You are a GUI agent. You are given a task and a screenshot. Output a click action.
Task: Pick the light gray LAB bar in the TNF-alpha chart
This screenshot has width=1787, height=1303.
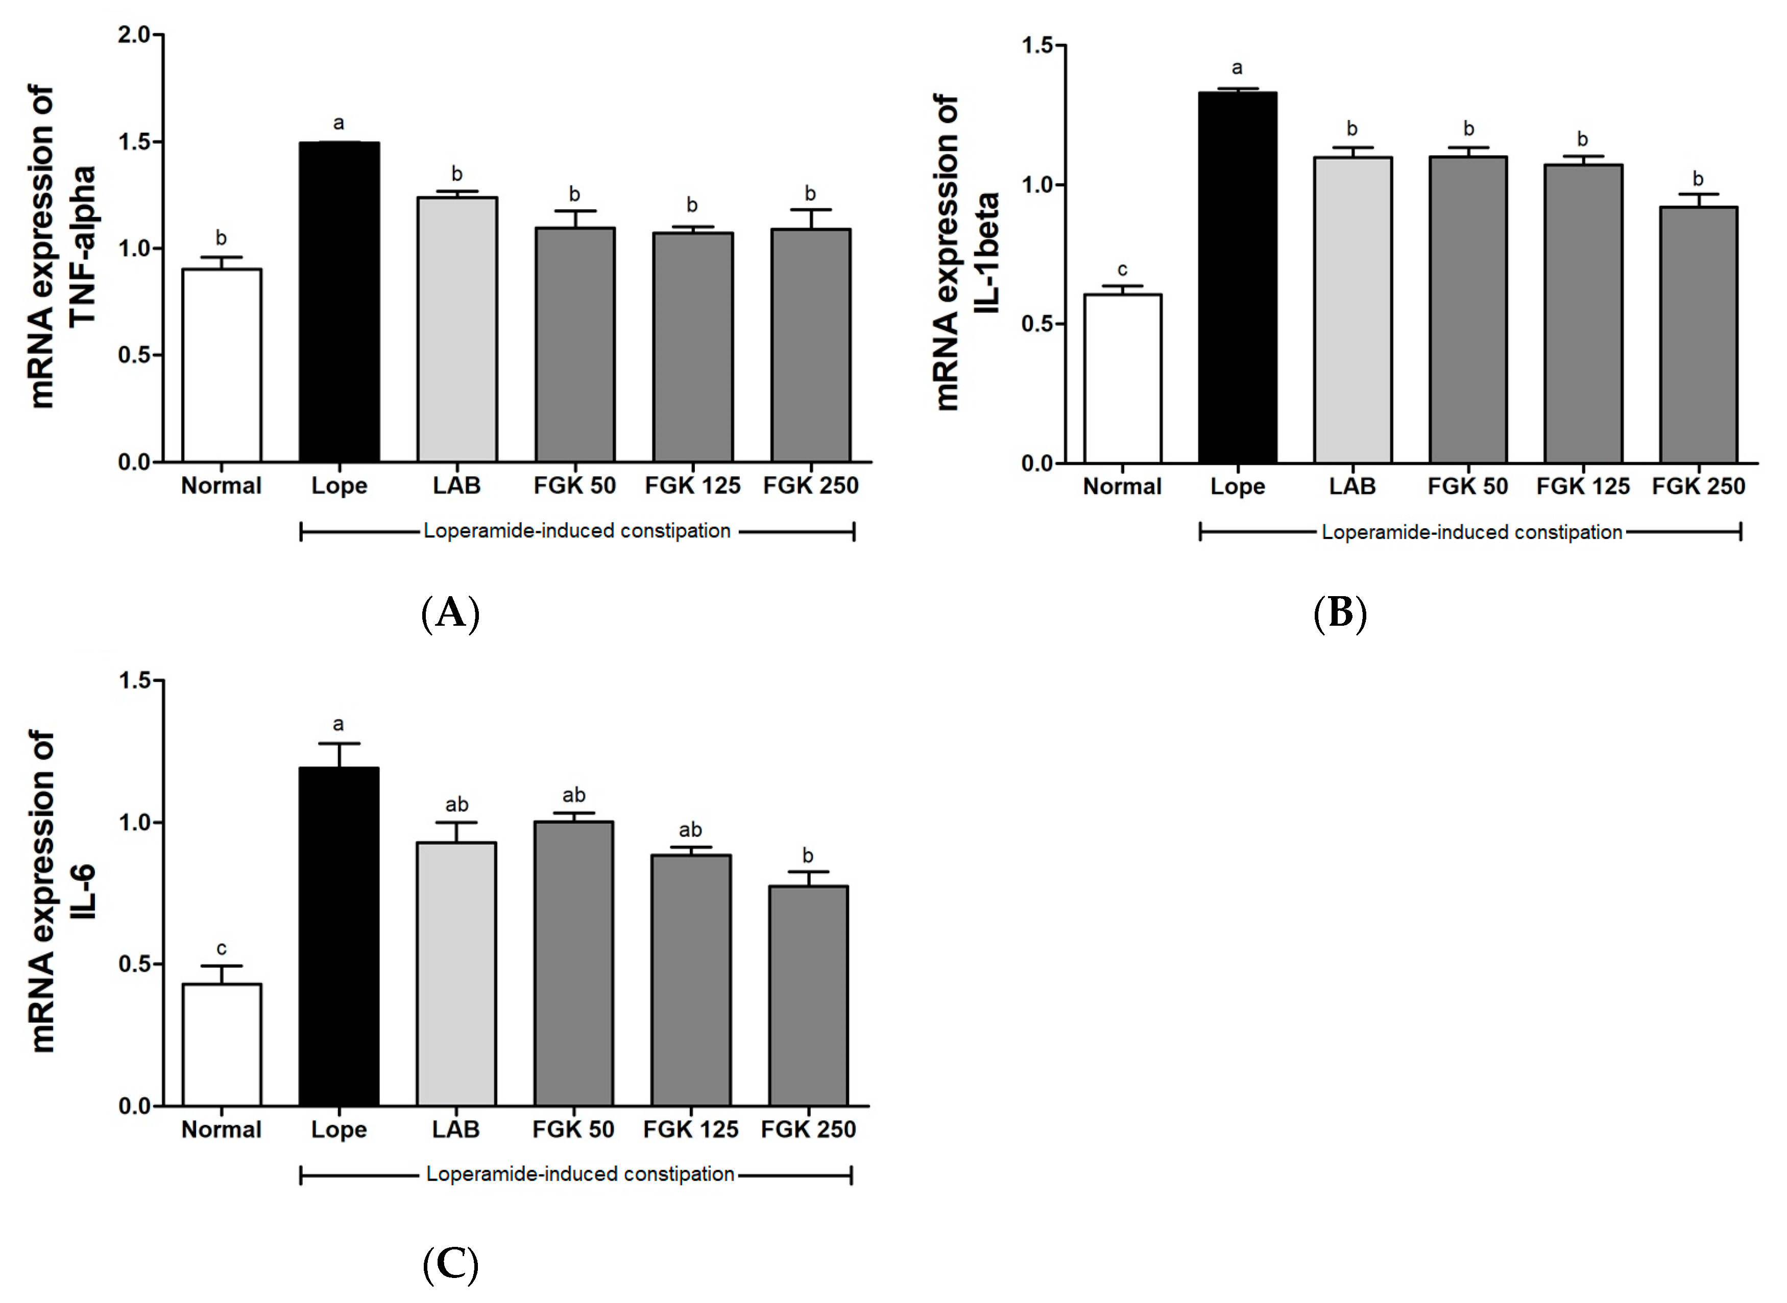(x=457, y=330)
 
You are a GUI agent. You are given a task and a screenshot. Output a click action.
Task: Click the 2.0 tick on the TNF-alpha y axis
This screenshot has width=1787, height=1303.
(x=134, y=35)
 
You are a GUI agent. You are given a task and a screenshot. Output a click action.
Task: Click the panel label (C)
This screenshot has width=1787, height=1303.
(x=450, y=1264)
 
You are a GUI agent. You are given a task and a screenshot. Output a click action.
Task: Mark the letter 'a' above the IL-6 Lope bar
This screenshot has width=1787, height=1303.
(x=339, y=724)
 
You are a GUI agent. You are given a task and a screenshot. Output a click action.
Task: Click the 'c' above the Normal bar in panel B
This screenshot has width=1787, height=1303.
(x=1122, y=270)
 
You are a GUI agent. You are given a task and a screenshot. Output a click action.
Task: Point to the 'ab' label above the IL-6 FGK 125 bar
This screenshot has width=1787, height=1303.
(x=690, y=830)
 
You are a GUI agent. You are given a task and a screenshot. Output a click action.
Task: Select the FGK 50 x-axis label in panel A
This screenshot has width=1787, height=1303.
(x=574, y=485)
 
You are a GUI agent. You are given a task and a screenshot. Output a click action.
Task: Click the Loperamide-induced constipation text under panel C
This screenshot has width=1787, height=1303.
(x=580, y=1174)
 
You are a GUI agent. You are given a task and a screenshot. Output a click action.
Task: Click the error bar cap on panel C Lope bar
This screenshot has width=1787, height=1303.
(x=339, y=743)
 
